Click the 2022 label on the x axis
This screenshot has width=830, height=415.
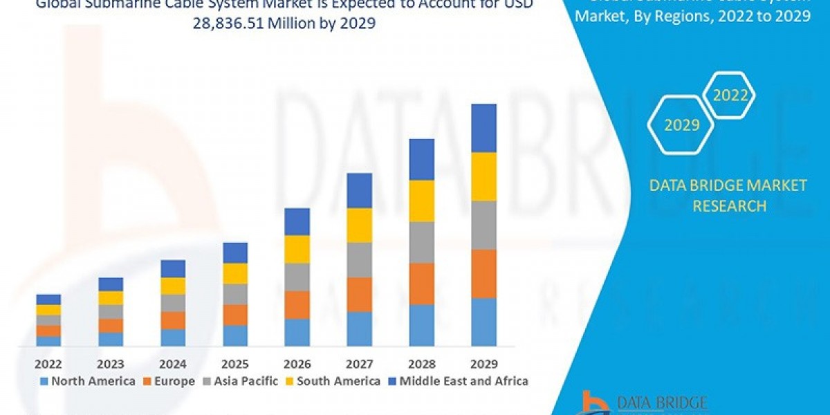coord(48,364)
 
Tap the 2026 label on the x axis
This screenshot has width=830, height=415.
coord(297,364)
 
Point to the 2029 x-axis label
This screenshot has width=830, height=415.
coord(483,364)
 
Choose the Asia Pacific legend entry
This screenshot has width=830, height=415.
coord(243,381)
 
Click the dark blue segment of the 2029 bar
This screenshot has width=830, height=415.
coord(483,128)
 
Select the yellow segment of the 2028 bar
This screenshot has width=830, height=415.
coord(421,201)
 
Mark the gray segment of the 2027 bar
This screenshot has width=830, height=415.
coord(359,259)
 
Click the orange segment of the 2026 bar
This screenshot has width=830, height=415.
coord(297,304)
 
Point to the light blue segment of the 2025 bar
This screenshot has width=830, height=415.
coord(235,335)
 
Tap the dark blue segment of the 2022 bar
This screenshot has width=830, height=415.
coord(48,299)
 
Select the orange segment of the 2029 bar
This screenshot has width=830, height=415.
coord(483,273)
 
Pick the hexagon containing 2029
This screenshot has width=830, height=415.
coord(681,125)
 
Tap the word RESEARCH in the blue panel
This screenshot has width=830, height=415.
coord(730,205)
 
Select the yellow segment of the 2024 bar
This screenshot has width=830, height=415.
coord(173,286)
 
